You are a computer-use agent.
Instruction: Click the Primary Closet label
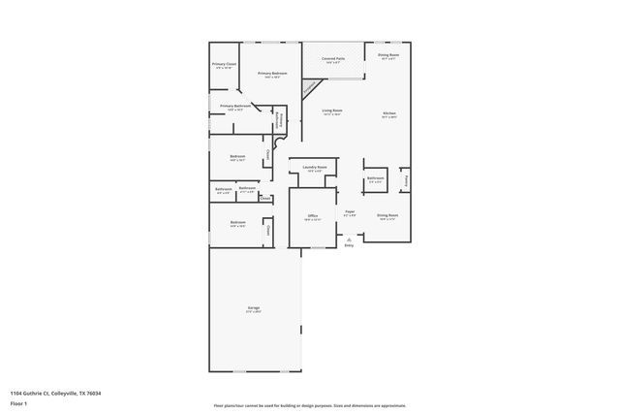[x=225, y=65]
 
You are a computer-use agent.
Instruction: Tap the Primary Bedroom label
[x=272, y=75]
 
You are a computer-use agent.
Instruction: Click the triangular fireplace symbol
[x=309, y=87]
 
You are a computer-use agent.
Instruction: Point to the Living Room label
[x=333, y=112]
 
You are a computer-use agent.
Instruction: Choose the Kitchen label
[x=388, y=114]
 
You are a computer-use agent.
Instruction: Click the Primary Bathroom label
[x=235, y=107]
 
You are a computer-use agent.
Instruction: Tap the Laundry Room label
[x=314, y=168]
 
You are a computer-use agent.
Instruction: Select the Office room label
[x=313, y=216]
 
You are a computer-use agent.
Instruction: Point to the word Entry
[x=349, y=245]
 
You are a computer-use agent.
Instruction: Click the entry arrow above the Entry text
[x=349, y=239]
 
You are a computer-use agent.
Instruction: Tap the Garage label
[x=253, y=308]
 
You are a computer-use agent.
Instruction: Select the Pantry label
[x=407, y=180]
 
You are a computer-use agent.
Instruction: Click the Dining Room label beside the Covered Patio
[x=388, y=56]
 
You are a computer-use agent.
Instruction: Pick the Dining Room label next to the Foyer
[x=387, y=216]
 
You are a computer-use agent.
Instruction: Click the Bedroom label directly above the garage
[x=238, y=223]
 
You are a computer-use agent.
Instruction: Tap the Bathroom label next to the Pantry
[x=376, y=178]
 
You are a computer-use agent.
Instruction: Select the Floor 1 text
[x=19, y=404]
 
